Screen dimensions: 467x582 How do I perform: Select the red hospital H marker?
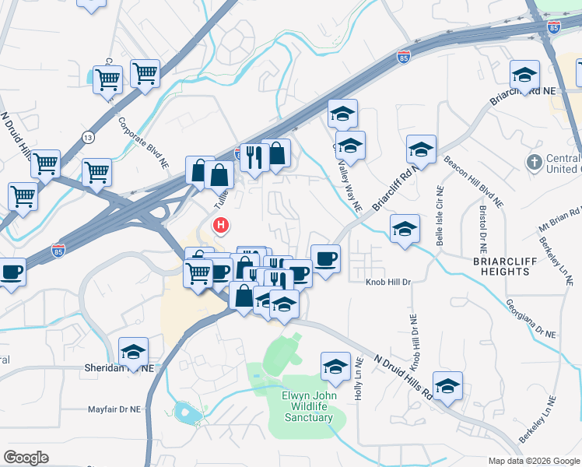tap(222, 226)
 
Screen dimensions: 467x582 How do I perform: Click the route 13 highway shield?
tap(86, 138)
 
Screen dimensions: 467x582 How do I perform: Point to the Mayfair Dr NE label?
tap(114, 408)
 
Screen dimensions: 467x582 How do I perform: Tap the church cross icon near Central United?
tap(533, 163)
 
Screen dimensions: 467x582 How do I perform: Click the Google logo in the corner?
tap(26, 458)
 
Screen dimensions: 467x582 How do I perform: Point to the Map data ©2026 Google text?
tap(534, 461)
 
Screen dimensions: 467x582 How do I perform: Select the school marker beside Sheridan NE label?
tap(133, 351)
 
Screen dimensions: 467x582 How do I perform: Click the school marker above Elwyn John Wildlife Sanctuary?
tap(335, 366)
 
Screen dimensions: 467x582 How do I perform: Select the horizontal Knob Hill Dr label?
tap(387, 283)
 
